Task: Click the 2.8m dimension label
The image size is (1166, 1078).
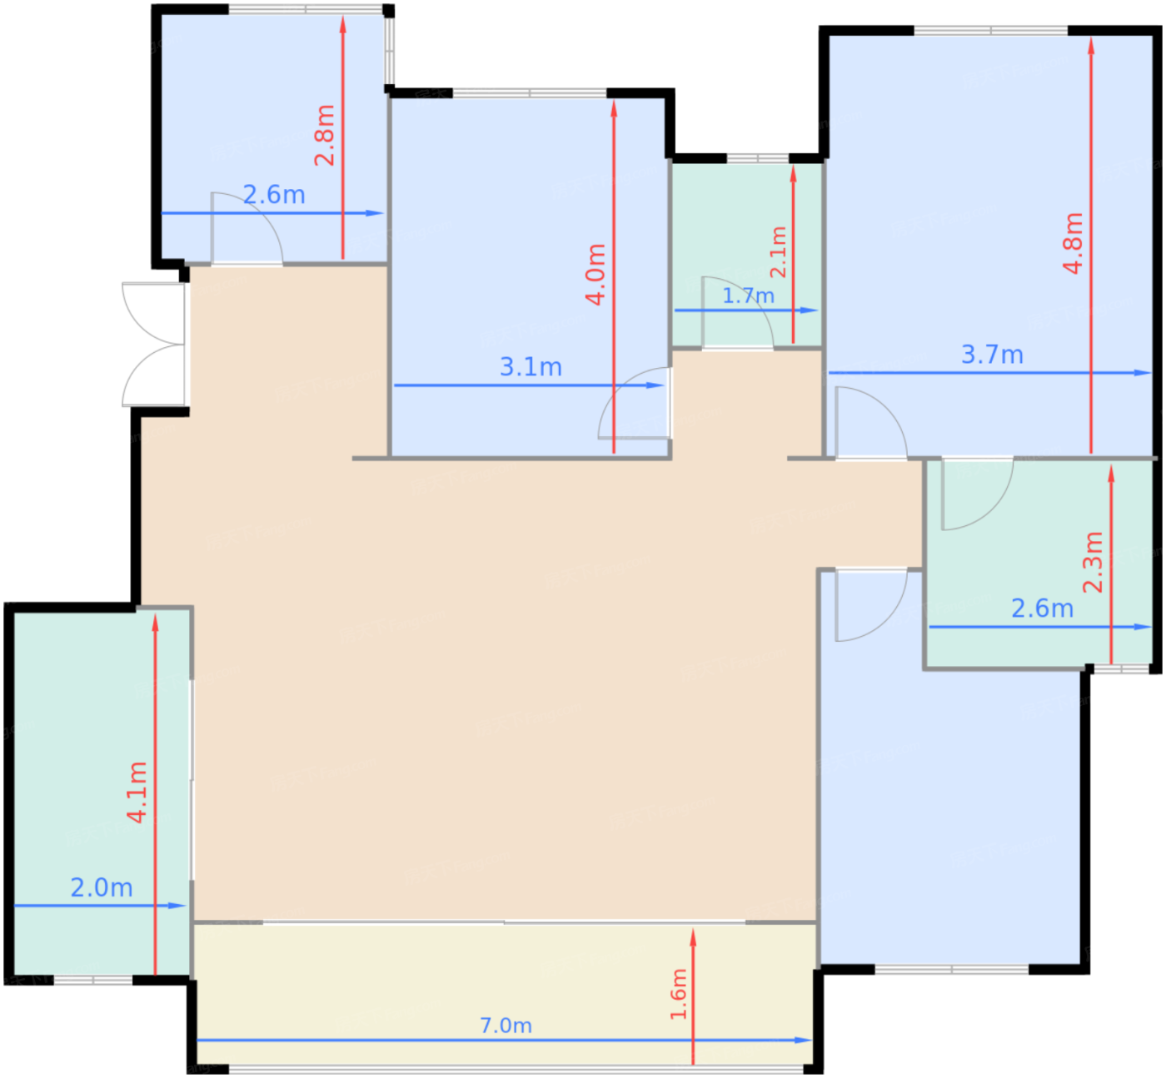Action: click(x=325, y=135)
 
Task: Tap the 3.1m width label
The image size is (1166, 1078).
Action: click(x=531, y=367)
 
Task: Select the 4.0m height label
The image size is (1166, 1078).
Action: click(x=595, y=275)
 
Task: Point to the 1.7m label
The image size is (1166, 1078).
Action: click(x=748, y=296)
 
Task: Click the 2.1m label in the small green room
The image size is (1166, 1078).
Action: click(x=778, y=252)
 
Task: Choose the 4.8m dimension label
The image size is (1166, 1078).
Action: click(x=1074, y=243)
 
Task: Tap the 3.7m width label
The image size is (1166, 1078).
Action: click(x=992, y=355)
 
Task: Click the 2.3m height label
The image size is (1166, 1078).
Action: click(x=1093, y=562)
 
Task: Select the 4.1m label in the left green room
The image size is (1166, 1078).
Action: click(x=137, y=792)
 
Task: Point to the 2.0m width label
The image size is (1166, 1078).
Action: click(x=102, y=887)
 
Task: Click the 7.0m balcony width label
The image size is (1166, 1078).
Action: click(x=506, y=1026)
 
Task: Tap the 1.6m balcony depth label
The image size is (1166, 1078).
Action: click(x=679, y=994)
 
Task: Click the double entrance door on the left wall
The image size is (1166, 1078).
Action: click(x=154, y=345)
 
